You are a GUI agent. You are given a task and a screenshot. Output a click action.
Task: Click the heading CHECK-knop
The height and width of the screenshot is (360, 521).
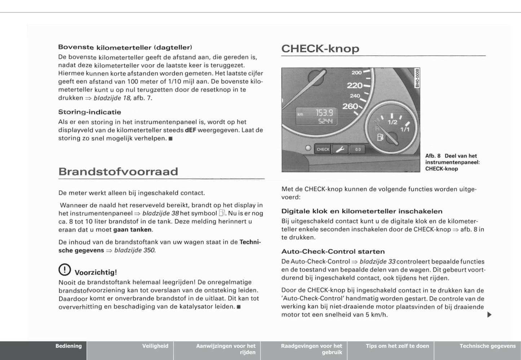click(320, 49)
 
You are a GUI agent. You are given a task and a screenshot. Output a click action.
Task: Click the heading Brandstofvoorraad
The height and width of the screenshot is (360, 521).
click(118, 171)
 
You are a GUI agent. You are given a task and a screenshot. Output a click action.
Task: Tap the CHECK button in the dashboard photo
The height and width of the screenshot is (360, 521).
click(323, 149)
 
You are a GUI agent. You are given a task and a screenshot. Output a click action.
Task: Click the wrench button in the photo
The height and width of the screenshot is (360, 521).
click(340, 149)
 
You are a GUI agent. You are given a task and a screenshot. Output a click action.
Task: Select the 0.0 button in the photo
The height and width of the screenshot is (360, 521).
click(358, 149)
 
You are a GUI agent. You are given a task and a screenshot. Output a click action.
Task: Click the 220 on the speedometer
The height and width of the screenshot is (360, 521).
click(354, 85)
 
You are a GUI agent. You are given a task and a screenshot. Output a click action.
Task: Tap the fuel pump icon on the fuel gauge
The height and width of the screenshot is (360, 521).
click(380, 137)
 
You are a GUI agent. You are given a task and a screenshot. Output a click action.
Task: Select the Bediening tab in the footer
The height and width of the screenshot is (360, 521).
click(69, 346)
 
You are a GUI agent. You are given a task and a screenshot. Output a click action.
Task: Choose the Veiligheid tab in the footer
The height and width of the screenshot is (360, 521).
click(155, 346)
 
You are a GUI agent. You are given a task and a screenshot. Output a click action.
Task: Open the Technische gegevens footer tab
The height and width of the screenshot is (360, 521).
click(487, 346)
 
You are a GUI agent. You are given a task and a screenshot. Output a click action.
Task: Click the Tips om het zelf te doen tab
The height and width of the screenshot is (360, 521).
click(397, 346)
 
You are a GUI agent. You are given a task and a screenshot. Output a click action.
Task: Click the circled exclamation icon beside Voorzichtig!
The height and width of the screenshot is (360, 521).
click(65, 270)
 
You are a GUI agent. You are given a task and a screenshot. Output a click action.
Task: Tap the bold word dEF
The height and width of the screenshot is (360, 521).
click(190, 130)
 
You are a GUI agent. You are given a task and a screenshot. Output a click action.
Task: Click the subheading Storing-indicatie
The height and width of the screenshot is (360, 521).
click(90, 112)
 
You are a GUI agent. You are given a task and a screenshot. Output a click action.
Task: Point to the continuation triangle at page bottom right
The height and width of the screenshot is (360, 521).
click(489, 315)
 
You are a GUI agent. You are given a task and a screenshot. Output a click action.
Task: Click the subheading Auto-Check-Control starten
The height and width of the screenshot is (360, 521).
click(333, 252)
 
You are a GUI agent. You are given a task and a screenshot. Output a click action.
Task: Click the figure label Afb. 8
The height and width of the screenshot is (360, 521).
click(433, 156)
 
